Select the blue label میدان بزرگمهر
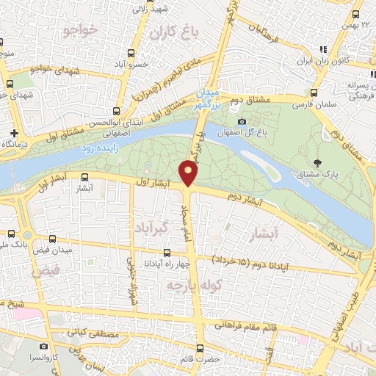point(208,98)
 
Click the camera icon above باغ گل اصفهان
point(242,122)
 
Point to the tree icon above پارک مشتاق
point(317,163)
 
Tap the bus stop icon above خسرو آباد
point(131,53)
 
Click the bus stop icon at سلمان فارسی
point(314,93)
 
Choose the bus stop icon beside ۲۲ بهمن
point(356,14)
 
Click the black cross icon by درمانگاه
point(14,133)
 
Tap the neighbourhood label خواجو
point(82,30)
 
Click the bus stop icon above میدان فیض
point(51,239)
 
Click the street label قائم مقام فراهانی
point(245,325)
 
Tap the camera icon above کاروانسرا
point(44,346)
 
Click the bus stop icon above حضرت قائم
point(200,348)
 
